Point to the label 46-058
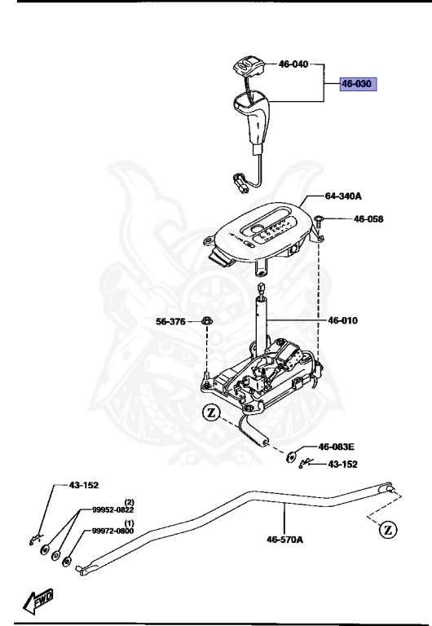[x=368, y=219]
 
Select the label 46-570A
[x=284, y=539]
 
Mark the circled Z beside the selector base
[x=212, y=413]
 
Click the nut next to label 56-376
[x=207, y=322]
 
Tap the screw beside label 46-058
[x=322, y=220]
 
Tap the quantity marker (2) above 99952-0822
[x=129, y=501]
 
